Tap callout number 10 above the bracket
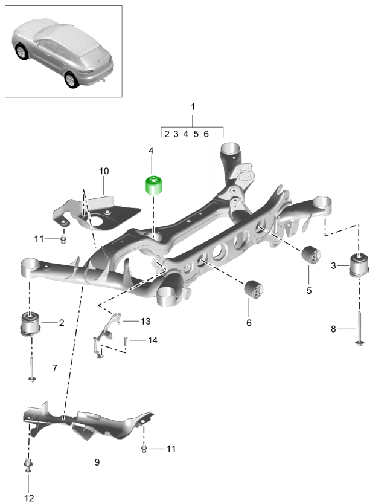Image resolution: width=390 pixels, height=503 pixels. click(104, 171)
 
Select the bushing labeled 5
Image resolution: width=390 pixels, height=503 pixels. click(310, 255)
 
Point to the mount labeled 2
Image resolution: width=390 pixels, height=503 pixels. click(30, 322)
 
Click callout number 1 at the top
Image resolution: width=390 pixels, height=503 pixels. click(193, 106)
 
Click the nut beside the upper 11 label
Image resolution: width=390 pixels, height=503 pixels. click(63, 239)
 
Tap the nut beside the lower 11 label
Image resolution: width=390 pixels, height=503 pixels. click(145, 448)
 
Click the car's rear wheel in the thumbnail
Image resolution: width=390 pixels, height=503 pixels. click(72, 79)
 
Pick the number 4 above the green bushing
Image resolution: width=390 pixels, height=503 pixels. click(151, 150)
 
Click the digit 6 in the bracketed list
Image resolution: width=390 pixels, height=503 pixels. click(206, 134)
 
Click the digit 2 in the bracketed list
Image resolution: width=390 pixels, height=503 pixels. click(167, 134)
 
